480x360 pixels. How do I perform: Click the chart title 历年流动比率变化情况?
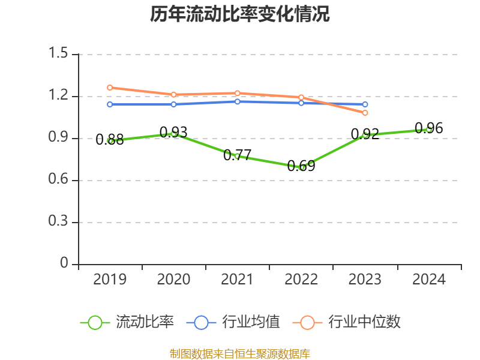[x=240, y=14]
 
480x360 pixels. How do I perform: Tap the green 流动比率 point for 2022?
[x=301, y=167]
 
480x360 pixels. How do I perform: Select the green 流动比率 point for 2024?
[x=429, y=129]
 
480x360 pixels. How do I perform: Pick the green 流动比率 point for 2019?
[x=110, y=141]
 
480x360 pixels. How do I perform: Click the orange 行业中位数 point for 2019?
[x=110, y=88]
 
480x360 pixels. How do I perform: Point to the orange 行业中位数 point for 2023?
[x=365, y=113]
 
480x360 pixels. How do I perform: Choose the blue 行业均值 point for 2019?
[x=110, y=104]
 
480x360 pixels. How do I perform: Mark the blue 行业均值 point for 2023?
[x=365, y=104]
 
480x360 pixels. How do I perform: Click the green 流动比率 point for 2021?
[x=238, y=156]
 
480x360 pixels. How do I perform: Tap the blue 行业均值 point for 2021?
[x=238, y=101]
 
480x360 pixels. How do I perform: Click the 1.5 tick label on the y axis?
[x=59, y=54]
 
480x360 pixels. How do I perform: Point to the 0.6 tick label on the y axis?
[x=59, y=181]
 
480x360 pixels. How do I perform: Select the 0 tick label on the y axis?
[x=65, y=264]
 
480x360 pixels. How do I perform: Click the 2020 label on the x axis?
[x=173, y=280]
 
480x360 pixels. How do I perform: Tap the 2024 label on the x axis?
[x=429, y=280]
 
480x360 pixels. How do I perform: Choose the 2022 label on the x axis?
[x=301, y=280]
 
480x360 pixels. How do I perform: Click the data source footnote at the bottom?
[x=240, y=353]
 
